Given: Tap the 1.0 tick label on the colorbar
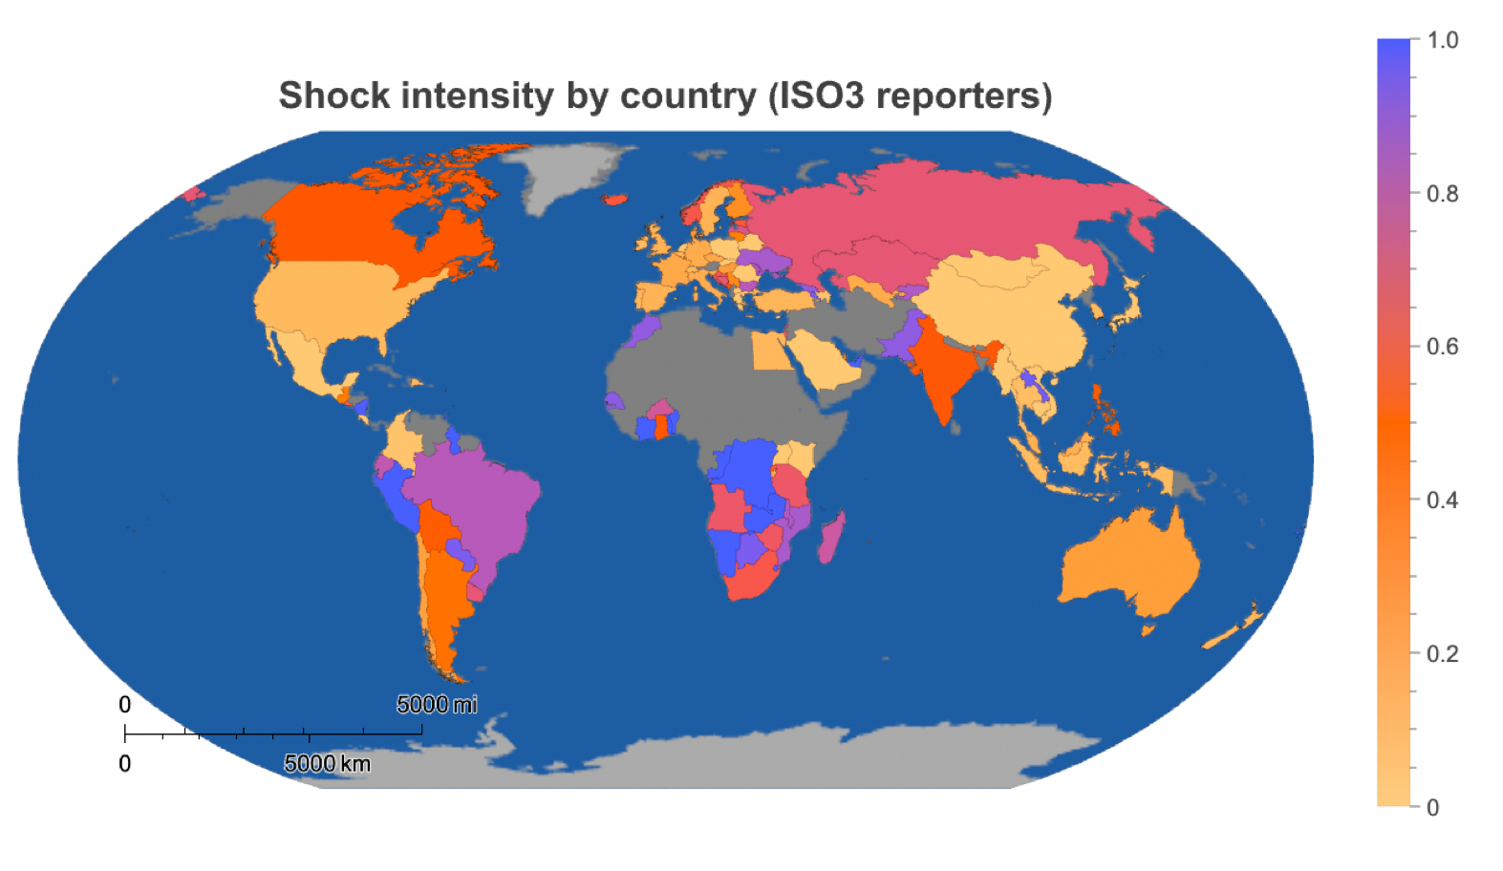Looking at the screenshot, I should pyautogui.click(x=1442, y=40).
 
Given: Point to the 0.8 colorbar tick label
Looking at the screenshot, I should pyautogui.click(x=1442, y=194).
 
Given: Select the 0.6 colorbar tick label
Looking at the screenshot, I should pyautogui.click(x=1442, y=347).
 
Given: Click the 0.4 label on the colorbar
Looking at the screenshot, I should pyautogui.click(x=1442, y=500).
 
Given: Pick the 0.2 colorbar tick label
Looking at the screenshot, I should pyautogui.click(x=1442, y=654).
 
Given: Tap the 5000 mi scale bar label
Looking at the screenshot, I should pyautogui.click(x=437, y=705).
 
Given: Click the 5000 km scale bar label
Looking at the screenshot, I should pyautogui.click(x=327, y=764).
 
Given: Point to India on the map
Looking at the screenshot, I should pyautogui.click(x=946, y=372).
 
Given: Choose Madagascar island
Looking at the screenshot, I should pyautogui.click(x=829, y=537).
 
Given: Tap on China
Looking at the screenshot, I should pyautogui.click(x=1013, y=306).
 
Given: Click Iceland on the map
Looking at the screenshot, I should pyautogui.click(x=615, y=200).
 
